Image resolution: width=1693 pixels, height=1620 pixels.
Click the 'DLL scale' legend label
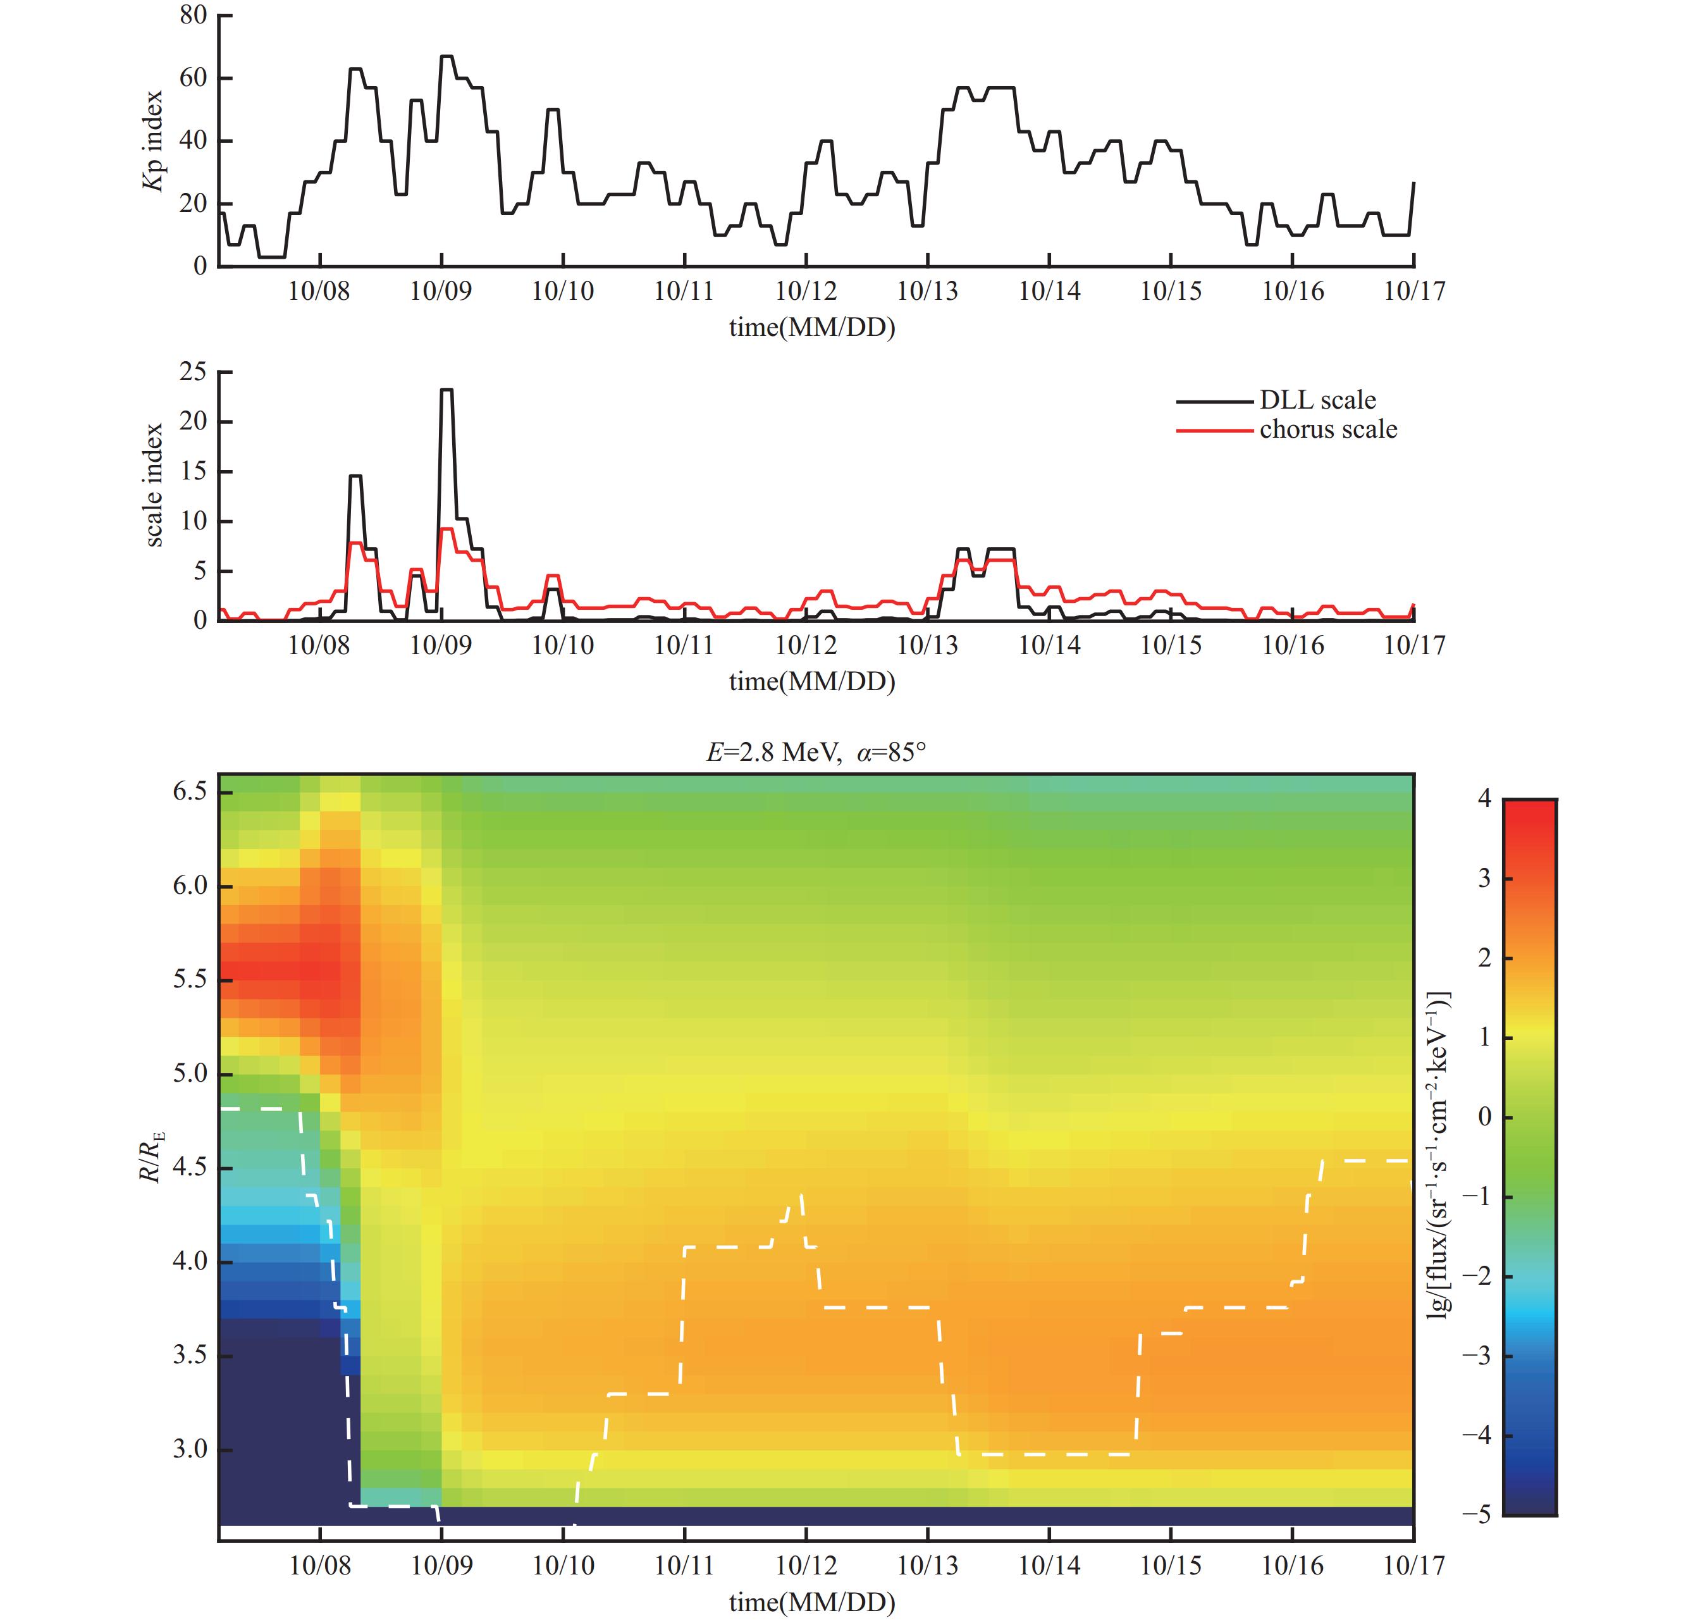[1317, 400]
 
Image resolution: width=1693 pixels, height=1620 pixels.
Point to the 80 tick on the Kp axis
[194, 16]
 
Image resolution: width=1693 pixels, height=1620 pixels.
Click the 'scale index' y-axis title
[154, 485]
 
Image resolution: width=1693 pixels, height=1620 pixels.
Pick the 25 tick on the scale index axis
[194, 372]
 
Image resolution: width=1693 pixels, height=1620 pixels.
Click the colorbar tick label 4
[1484, 799]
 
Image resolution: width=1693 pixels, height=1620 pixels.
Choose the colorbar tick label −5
[1477, 1514]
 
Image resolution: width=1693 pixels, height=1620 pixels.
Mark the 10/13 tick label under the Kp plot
[927, 291]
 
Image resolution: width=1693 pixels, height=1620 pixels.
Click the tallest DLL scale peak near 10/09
[446, 390]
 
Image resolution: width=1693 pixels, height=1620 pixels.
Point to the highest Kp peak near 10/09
[446, 57]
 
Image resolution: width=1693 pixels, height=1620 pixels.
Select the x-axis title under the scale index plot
[811, 681]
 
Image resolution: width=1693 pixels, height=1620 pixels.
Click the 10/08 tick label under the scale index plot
[319, 645]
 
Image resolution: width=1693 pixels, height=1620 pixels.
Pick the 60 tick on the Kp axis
[194, 78]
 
